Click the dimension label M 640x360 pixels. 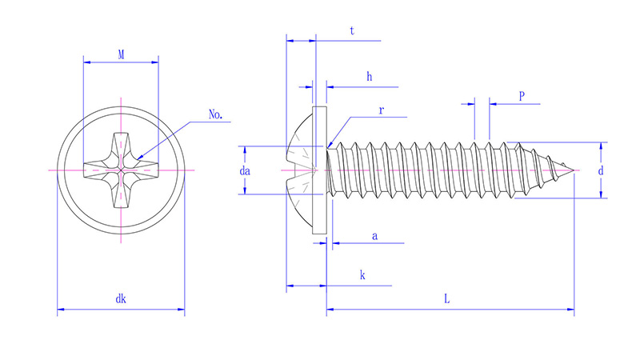(x=121, y=54)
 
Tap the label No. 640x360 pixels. (x=215, y=114)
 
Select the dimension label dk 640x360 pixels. (x=121, y=299)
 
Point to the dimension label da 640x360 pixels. (x=246, y=170)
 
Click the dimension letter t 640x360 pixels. (x=352, y=31)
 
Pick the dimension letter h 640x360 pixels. (x=369, y=77)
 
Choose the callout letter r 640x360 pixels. (x=382, y=111)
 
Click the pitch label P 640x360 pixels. (x=522, y=96)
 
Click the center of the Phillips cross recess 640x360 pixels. (x=121, y=170)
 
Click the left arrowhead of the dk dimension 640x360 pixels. (x=60, y=308)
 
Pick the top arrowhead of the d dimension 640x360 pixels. (x=600, y=146)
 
